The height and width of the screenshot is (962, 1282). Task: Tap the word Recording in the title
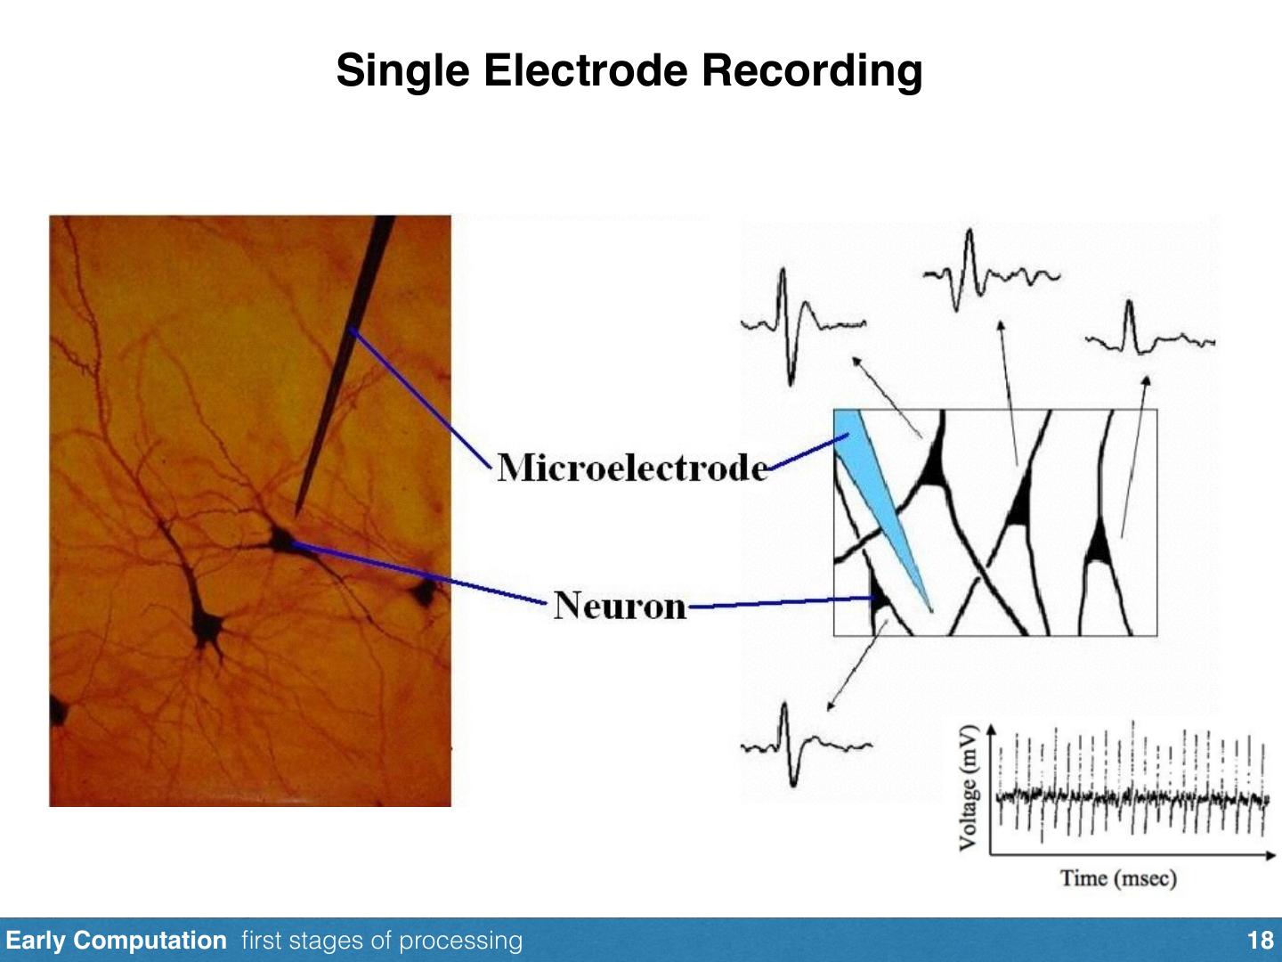click(x=811, y=70)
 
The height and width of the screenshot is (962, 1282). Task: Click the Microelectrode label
click(x=632, y=468)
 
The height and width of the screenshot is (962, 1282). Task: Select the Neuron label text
click(x=621, y=606)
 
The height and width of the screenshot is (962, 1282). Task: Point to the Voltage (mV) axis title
click(x=969, y=787)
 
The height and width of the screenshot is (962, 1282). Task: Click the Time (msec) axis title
click(x=1118, y=878)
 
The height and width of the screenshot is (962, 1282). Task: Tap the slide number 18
click(x=1261, y=941)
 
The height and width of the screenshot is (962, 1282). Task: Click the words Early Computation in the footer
click(x=116, y=941)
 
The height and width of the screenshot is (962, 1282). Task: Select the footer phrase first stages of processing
click(x=382, y=941)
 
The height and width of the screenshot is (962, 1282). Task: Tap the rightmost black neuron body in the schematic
click(x=1099, y=543)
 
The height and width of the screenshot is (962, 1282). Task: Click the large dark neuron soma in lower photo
click(x=209, y=624)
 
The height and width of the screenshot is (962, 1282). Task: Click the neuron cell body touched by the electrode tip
click(x=284, y=539)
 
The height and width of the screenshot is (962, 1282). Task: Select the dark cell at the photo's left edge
click(x=59, y=711)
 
